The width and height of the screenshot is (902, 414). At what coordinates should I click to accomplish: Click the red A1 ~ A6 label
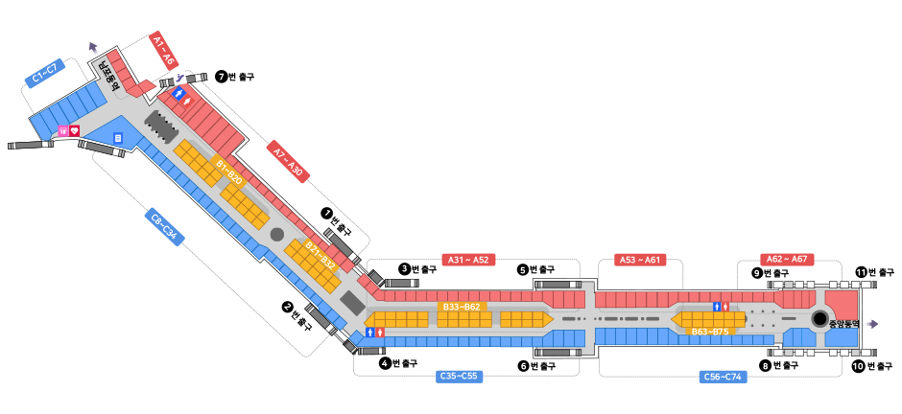tap(164, 51)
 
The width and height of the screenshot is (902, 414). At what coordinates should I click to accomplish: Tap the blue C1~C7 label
tap(45, 72)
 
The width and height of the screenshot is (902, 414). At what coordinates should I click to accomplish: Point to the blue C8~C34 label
tap(163, 228)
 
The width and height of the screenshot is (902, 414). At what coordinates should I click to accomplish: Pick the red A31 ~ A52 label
tap(467, 259)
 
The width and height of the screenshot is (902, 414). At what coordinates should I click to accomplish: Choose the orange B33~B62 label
tap(461, 307)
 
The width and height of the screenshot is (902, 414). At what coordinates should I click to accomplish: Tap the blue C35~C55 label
tap(458, 376)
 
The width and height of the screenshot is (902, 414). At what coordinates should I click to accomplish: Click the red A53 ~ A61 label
tap(639, 259)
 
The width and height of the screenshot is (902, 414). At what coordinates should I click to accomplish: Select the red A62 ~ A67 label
tap(788, 259)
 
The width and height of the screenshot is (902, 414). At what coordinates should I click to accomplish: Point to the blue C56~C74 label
tap(722, 377)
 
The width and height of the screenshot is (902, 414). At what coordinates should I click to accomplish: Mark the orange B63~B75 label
tap(710, 332)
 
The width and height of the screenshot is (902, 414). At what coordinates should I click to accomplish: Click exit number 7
tap(221, 77)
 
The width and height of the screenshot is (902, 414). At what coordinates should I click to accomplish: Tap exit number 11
tap(861, 272)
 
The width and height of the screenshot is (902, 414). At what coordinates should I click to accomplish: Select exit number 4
tap(384, 363)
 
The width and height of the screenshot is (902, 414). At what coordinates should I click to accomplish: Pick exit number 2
tap(286, 307)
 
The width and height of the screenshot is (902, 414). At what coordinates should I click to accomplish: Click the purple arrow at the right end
tap(871, 324)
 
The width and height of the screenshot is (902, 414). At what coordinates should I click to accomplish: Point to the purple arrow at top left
tap(93, 48)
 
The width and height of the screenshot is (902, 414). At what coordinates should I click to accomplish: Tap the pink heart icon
tap(74, 130)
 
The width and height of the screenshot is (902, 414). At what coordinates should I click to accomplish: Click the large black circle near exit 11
tap(819, 319)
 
